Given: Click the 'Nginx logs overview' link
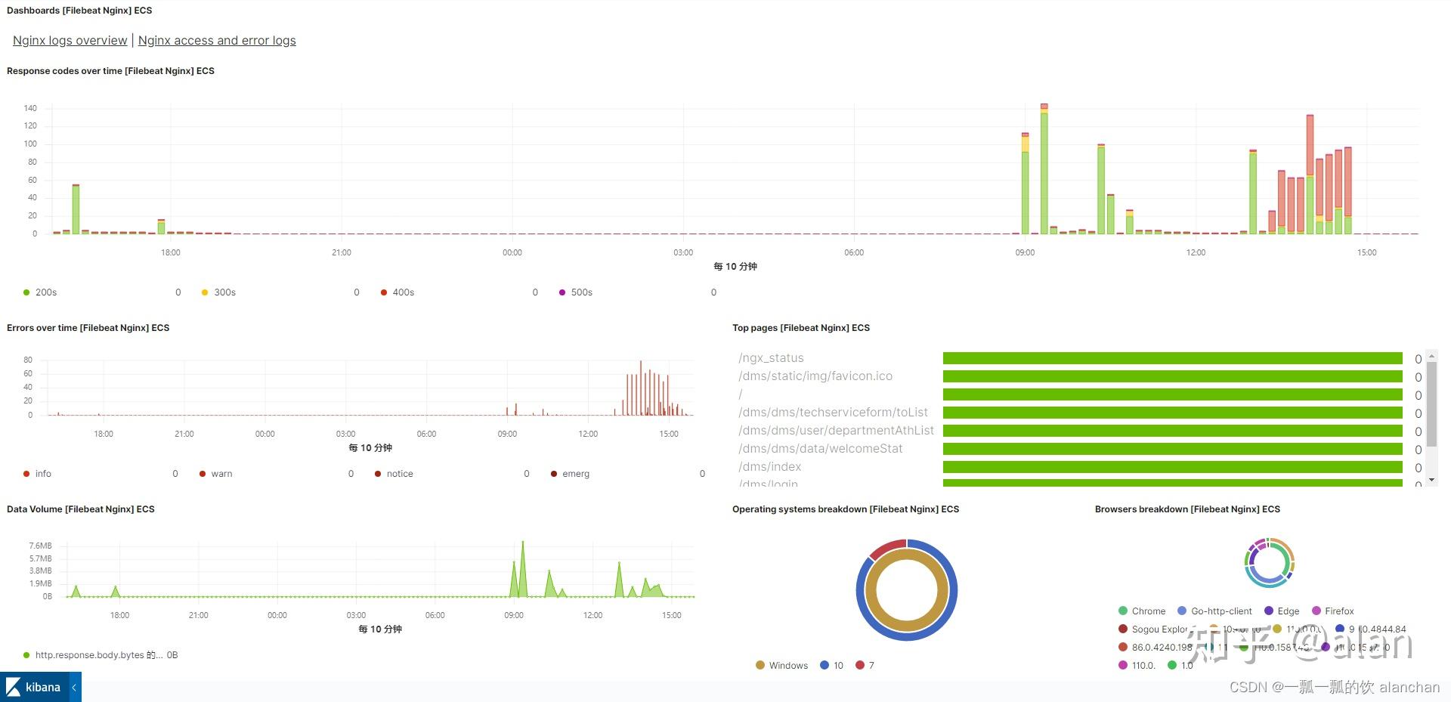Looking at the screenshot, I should pyautogui.click(x=70, y=41).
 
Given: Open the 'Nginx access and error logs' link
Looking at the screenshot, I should pyautogui.click(x=217, y=41).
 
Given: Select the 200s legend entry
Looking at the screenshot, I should pyautogui.click(x=45, y=292).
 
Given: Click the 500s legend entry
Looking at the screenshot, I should pyautogui.click(x=581, y=292).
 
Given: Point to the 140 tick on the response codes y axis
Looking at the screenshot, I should pyautogui.click(x=30, y=108).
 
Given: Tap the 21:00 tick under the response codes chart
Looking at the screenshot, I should pyautogui.click(x=342, y=252).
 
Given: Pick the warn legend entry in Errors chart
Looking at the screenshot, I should pyautogui.click(x=221, y=474).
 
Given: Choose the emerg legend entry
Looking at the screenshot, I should pyautogui.click(x=575, y=474).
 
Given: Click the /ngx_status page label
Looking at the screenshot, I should pyautogui.click(x=771, y=358).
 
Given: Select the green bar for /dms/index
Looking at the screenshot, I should pyautogui.click(x=1172, y=467).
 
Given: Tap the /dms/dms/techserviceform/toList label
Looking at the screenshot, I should pyautogui.click(x=833, y=413).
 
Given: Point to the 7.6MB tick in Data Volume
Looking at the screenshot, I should pyautogui.click(x=41, y=546).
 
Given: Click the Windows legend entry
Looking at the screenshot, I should pyautogui.click(x=787, y=666).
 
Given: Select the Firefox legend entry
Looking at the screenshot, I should pyautogui.click(x=1338, y=611).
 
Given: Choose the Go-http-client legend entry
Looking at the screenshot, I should pyautogui.click(x=1221, y=611).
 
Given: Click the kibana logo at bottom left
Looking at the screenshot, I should pyautogui.click(x=34, y=687).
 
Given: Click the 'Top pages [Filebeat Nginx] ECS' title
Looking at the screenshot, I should pyautogui.click(x=800, y=328).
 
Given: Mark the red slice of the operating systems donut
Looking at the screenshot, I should pyautogui.click(x=886, y=549).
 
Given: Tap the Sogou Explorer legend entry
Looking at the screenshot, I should pyautogui.click(x=1158, y=629).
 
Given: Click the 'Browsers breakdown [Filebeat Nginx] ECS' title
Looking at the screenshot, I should pyautogui.click(x=1186, y=509).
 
